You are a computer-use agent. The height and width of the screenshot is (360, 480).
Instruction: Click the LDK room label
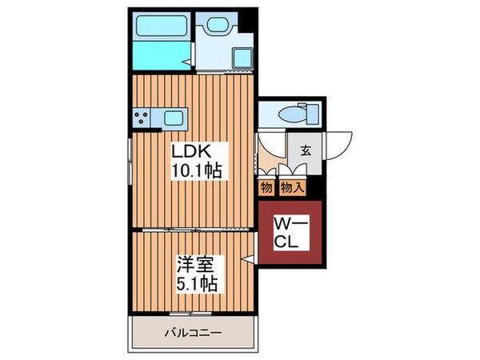pos(192,152)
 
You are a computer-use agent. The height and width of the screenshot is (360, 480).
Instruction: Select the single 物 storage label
pos(266,188)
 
